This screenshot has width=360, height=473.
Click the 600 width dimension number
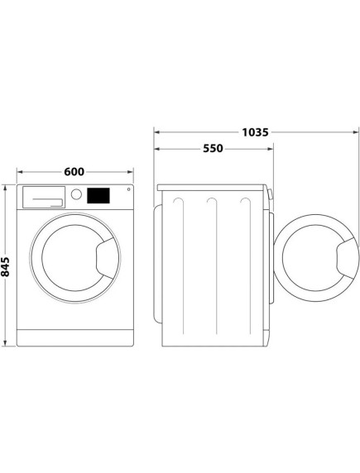[74, 172]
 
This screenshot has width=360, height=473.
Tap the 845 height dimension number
[7, 266]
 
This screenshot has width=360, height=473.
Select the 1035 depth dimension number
[254, 131]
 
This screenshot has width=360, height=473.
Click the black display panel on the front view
[98, 196]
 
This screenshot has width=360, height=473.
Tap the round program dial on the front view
[76, 195]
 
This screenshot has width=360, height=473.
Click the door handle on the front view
[105, 256]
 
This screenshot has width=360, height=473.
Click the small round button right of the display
[127, 191]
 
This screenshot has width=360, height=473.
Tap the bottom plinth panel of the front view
[75, 336]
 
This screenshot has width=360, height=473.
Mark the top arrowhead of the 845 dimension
[7, 188]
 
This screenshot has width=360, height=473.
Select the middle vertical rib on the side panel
[214, 265]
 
